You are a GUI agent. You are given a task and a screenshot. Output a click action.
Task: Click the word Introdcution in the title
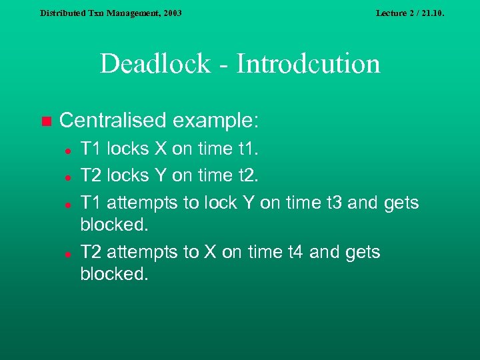coord(309,64)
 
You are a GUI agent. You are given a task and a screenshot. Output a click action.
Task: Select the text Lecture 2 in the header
coord(395,13)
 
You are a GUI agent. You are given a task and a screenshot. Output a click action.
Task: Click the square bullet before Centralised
coord(45,121)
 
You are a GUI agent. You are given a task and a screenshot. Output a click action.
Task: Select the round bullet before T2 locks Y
coord(68,177)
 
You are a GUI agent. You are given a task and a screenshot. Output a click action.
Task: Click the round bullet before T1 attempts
coord(68,203)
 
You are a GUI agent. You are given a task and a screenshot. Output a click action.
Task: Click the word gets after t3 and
coord(401,202)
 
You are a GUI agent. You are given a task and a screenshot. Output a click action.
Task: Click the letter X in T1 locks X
coord(161,149)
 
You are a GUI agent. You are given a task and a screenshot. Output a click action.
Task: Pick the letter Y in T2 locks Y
coord(162,175)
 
